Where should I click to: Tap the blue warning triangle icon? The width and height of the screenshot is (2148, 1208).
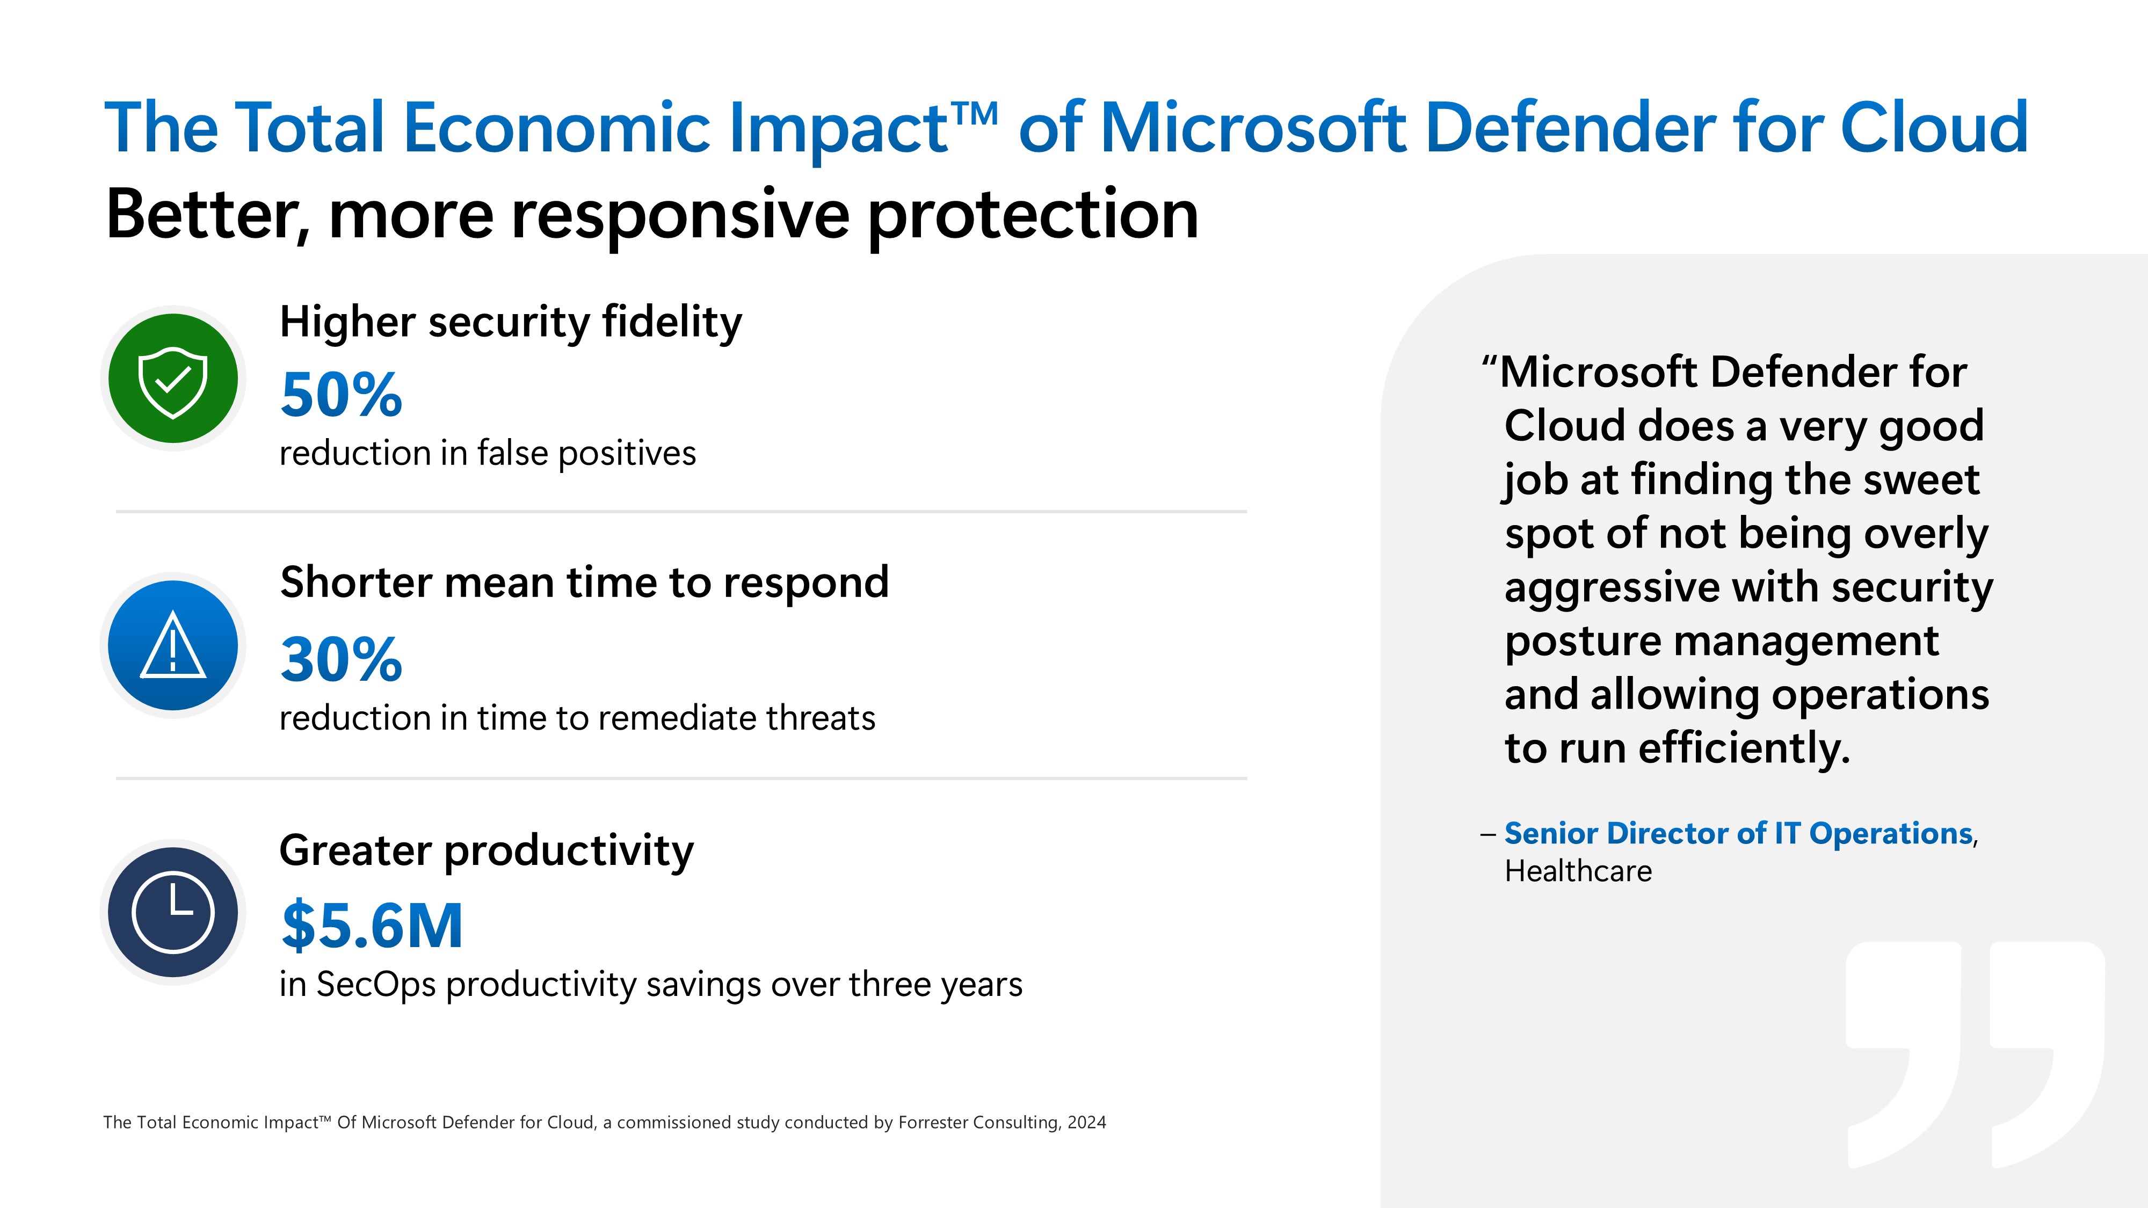point(172,645)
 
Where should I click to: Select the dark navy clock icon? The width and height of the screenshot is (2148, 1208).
point(172,912)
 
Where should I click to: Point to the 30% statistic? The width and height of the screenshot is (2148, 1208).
point(341,659)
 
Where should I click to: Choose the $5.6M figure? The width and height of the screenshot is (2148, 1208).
point(372,926)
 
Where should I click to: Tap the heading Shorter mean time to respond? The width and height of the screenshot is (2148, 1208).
point(584,582)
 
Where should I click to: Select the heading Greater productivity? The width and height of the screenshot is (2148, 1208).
point(486,850)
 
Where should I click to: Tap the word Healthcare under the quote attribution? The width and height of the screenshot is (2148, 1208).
point(1578,871)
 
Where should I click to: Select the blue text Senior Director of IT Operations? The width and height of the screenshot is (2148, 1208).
point(1738,833)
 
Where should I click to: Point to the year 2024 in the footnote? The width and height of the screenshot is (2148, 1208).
point(1086,1122)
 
